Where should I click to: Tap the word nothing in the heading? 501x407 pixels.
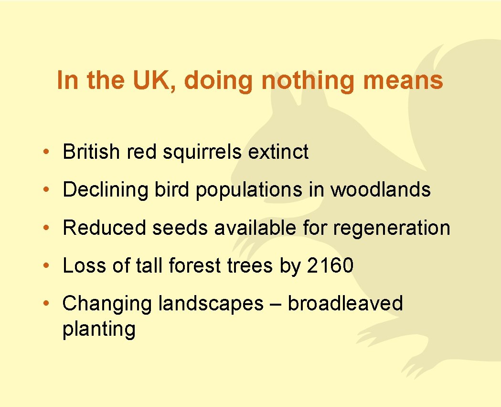click(308, 80)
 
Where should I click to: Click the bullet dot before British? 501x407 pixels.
click(44, 152)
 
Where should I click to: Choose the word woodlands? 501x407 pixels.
click(381, 190)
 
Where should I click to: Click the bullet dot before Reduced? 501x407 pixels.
click(44, 228)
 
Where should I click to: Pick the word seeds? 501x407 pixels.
click(180, 228)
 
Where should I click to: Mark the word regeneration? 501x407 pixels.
click(392, 228)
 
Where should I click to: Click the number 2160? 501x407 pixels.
click(330, 266)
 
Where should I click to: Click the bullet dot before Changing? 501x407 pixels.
click(44, 304)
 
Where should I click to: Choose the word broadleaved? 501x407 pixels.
click(345, 304)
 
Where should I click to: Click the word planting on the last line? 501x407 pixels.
click(99, 330)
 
